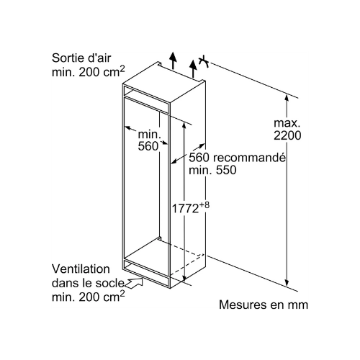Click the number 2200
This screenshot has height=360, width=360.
tap(287, 135)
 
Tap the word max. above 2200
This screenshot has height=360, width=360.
tap(287, 123)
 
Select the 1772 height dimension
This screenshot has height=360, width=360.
tap(185, 208)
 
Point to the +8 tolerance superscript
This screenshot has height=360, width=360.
tap(204, 205)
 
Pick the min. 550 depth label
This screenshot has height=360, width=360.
tap(212, 170)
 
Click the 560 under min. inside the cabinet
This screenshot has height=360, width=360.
tap(148, 146)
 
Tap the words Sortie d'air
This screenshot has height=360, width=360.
tap(81, 58)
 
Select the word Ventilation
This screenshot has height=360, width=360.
tap(81, 269)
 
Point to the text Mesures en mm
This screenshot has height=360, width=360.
tap(264, 305)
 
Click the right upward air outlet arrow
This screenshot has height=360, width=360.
tap(193, 68)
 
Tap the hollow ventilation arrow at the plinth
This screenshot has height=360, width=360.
tap(134, 282)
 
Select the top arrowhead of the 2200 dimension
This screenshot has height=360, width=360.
tap(287, 99)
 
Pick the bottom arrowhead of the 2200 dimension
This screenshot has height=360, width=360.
tap(287, 282)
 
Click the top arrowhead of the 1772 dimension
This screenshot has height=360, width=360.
tap(184, 126)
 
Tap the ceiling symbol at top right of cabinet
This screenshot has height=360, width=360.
tap(204, 61)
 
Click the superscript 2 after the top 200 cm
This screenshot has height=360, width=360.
tap(122, 69)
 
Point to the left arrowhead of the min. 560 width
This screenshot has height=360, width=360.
tap(127, 128)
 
